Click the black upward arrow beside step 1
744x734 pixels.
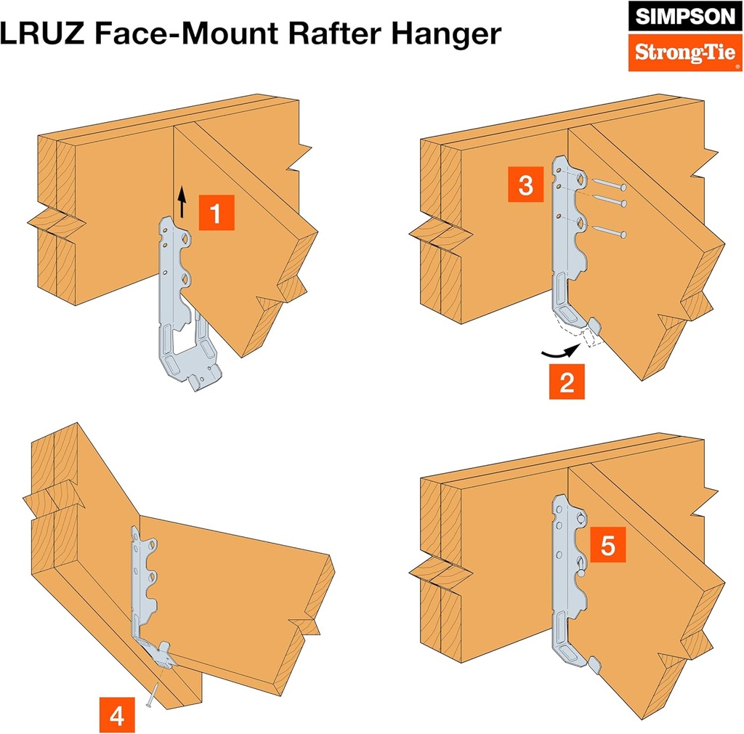(x=182, y=201)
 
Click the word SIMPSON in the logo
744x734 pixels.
(x=676, y=17)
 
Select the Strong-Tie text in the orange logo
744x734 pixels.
(x=676, y=52)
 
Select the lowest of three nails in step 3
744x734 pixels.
(x=609, y=233)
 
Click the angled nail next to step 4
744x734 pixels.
(x=152, y=696)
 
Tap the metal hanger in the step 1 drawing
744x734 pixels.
(x=182, y=305)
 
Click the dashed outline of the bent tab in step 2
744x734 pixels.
(x=590, y=336)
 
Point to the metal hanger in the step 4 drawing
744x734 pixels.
(x=145, y=589)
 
